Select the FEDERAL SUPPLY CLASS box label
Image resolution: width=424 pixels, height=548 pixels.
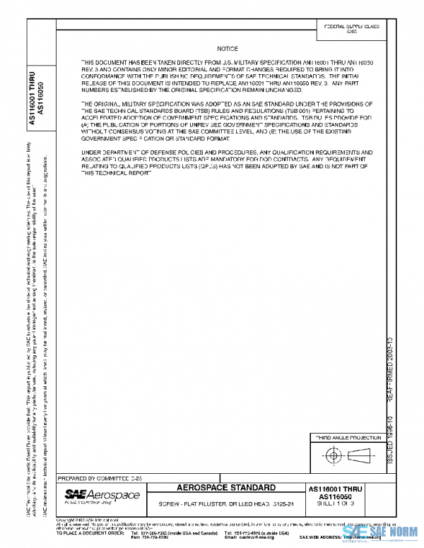click(x=351, y=26)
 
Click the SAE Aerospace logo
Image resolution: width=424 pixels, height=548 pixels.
click(x=93, y=496)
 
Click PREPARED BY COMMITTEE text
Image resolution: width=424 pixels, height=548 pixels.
click(x=99, y=478)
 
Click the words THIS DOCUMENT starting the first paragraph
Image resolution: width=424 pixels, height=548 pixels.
click(x=102, y=63)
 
